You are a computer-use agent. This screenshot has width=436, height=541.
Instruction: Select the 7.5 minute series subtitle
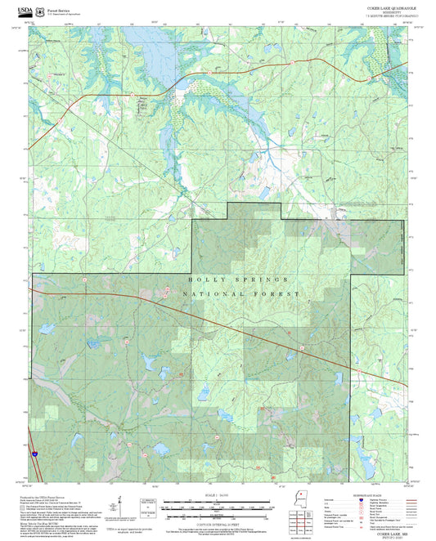(390, 16)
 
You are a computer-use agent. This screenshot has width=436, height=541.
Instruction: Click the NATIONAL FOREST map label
(241, 293)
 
